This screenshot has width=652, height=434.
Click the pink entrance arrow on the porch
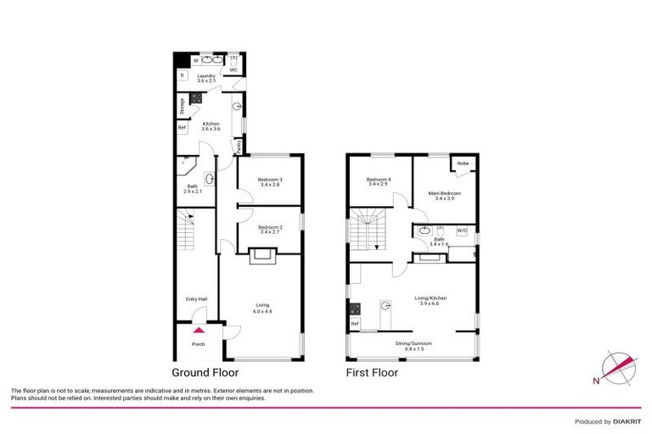coord(198,331)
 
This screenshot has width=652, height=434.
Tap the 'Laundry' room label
coord(207,75)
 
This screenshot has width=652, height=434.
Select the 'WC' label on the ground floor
coord(233,70)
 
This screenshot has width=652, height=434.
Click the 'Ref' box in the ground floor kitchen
coord(182,128)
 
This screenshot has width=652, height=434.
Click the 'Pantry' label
coord(240,146)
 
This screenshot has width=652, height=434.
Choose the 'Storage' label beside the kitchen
coord(182,106)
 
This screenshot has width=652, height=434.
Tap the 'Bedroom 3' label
coord(269,181)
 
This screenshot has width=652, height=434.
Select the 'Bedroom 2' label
coord(269,228)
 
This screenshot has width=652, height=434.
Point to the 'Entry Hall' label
coord(198,298)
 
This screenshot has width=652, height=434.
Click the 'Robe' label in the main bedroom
coord(463,164)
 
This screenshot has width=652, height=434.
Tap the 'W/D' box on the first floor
coord(462,230)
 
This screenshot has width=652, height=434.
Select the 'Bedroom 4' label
coord(379,181)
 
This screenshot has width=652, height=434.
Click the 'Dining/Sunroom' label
coord(413,343)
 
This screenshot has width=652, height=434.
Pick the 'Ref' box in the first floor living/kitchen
coord(354,323)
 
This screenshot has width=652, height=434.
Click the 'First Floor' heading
coord(371,372)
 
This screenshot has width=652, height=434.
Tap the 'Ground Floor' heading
coord(205,372)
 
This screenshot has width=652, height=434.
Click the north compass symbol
coord(617,368)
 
